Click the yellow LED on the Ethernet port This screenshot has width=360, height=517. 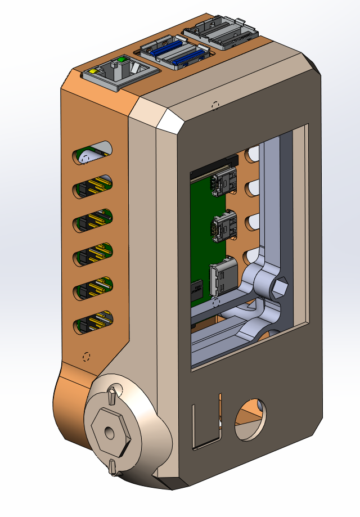(90, 72)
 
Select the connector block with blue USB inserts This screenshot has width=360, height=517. (173, 53)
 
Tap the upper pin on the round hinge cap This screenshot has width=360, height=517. (112, 394)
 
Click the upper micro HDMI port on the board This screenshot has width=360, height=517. (222, 184)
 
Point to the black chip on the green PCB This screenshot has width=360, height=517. (197, 290)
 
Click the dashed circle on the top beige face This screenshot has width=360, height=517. (214, 105)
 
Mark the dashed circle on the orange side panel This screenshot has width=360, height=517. (86, 357)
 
